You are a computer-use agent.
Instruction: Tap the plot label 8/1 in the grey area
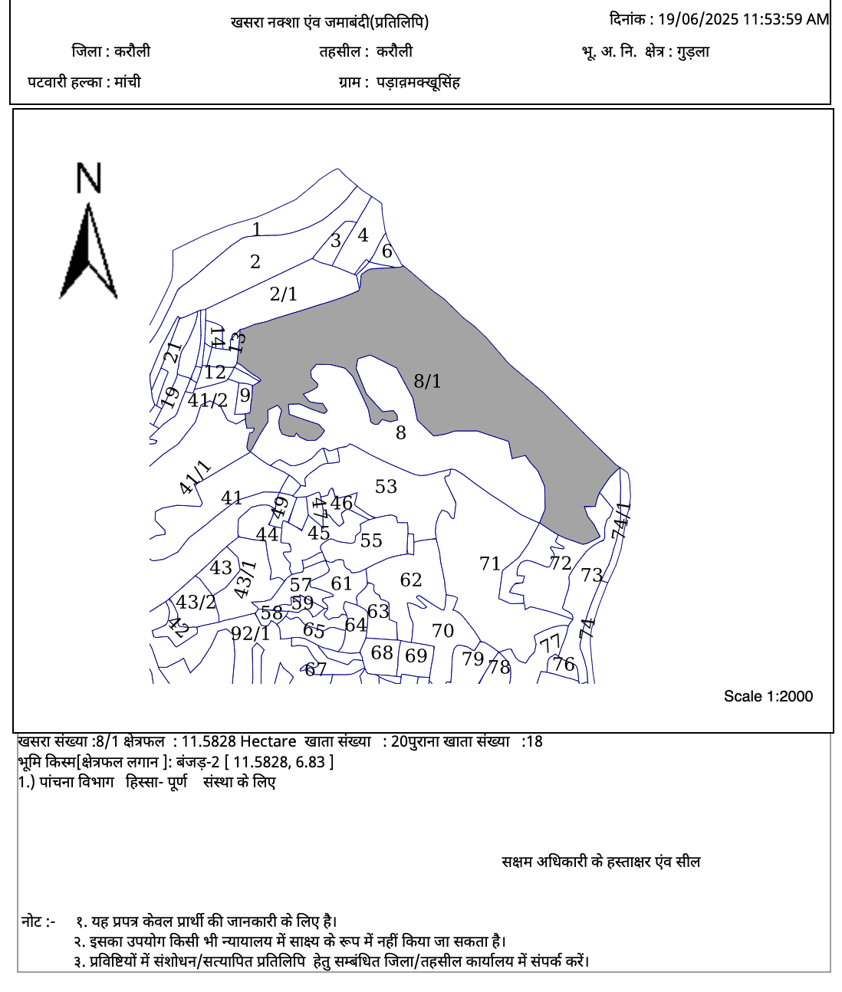[427, 381]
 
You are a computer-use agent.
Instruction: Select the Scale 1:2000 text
[768, 696]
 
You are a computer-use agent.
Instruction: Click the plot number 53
[386, 487]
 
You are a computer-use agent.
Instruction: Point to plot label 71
[490, 564]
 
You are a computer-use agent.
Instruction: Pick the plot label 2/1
[283, 294]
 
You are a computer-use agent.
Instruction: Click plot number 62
[411, 580]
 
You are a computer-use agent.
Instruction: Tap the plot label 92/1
[251, 634]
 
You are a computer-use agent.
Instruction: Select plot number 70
[442, 631]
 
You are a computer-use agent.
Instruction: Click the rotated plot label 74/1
[621, 521]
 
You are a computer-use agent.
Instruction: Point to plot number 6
[387, 251]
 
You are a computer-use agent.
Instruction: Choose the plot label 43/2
[196, 603]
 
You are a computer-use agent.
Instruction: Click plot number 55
[371, 541]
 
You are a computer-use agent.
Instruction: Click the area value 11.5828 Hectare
[238, 741]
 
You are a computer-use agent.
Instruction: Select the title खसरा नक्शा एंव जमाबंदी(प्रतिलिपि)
[330, 22]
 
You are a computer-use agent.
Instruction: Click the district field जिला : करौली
[111, 51]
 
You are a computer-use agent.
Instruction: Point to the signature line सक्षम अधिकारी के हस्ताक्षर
[600, 862]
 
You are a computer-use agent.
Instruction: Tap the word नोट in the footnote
[32, 921]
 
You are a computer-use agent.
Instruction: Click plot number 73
[591, 575]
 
